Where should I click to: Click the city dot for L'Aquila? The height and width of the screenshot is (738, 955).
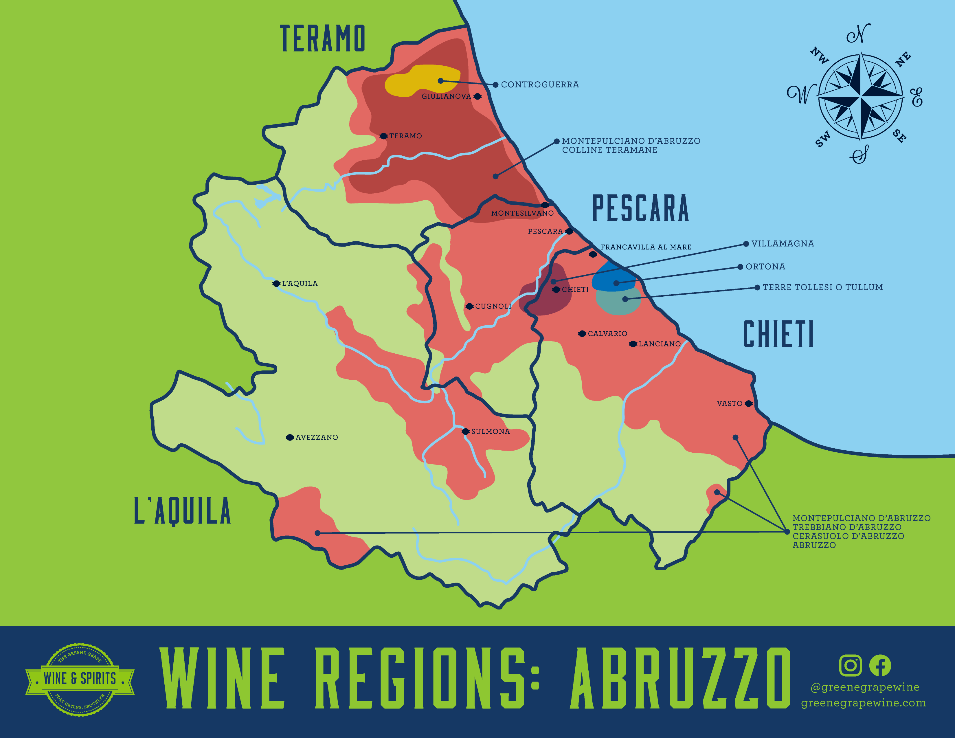(x=276, y=284)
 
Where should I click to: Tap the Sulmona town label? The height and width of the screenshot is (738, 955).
(x=490, y=432)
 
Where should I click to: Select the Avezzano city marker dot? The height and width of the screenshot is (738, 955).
(x=289, y=438)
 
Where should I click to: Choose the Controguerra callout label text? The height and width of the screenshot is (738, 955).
(x=540, y=85)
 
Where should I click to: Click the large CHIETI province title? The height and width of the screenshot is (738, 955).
(x=778, y=335)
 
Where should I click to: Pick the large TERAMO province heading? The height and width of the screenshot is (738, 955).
(x=322, y=38)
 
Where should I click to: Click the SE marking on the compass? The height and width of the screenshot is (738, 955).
(x=899, y=136)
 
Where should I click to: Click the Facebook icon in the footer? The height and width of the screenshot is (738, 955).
(x=880, y=665)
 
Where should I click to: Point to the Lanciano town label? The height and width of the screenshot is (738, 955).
(x=660, y=344)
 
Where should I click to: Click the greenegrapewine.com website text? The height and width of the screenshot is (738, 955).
(x=863, y=703)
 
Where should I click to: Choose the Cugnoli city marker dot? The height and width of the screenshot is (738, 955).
(x=469, y=306)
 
